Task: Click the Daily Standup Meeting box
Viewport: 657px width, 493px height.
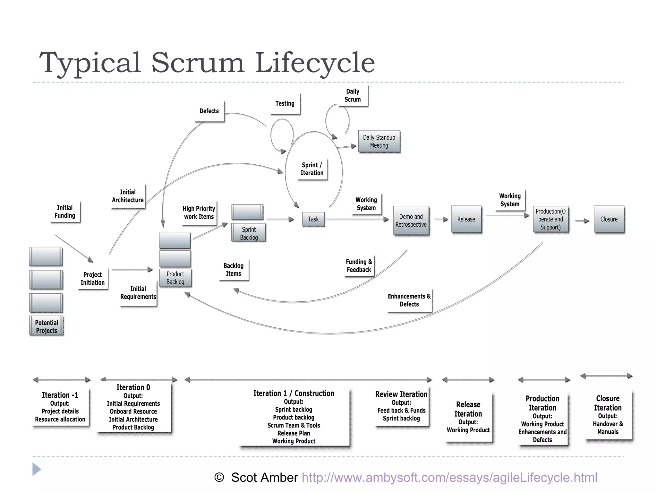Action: pyautogui.click(x=379, y=141)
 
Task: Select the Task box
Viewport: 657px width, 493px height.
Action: pyautogui.click(x=313, y=219)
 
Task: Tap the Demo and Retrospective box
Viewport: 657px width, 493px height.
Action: pyautogui.click(x=411, y=221)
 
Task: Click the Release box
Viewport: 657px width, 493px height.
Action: pyautogui.click(x=466, y=219)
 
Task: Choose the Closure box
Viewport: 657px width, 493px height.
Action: pyautogui.click(x=609, y=219)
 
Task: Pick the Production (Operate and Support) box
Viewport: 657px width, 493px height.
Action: pyautogui.click(x=550, y=219)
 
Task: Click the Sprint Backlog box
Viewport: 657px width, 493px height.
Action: pyautogui.click(x=249, y=233)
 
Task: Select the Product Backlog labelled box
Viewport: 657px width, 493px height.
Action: pyautogui.click(x=175, y=278)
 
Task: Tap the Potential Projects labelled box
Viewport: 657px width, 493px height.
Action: pyautogui.click(x=47, y=326)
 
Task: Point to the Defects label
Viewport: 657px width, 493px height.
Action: pyautogui.click(x=209, y=111)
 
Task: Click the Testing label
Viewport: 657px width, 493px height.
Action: pyautogui.click(x=285, y=103)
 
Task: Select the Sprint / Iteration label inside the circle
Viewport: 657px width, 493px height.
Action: pyautogui.click(x=312, y=169)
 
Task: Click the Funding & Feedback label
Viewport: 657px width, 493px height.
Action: pyautogui.click(x=359, y=266)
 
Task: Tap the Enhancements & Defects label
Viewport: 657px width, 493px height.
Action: pyautogui.click(x=409, y=300)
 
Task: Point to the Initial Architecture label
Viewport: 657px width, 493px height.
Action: pyautogui.click(x=128, y=196)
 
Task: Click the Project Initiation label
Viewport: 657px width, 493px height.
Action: pyautogui.click(x=92, y=279)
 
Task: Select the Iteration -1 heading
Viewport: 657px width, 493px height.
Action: pyautogui.click(x=60, y=395)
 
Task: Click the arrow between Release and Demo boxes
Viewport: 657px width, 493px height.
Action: pyautogui.click(x=441, y=219)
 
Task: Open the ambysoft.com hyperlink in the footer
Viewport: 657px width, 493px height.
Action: pyautogui.click(x=449, y=478)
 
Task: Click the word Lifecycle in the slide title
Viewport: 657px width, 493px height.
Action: pyautogui.click(x=315, y=63)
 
